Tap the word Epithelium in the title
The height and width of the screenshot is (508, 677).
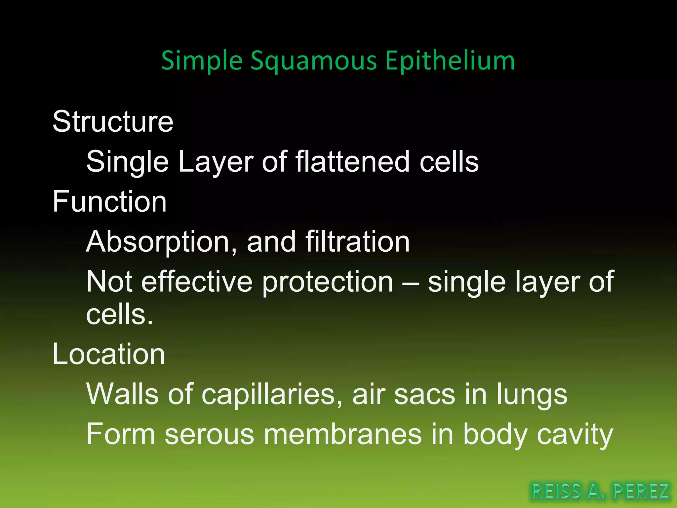(450, 61)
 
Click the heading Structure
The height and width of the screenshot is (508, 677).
(113, 122)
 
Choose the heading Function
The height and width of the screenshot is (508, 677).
(109, 202)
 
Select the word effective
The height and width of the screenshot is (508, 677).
(197, 282)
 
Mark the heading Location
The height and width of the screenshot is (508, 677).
(108, 354)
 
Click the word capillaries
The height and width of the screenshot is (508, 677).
(272, 395)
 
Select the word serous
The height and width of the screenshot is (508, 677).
(209, 435)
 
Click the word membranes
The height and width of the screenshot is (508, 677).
(342, 434)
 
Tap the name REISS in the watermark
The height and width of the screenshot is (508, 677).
(556, 491)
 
